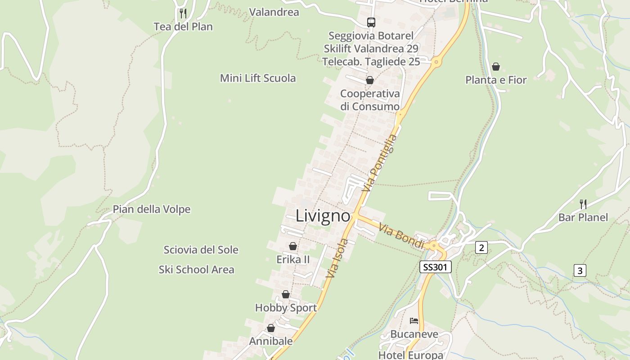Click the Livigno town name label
323,216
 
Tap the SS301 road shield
435,267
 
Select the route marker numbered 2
481,247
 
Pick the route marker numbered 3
580,270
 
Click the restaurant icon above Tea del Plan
183,13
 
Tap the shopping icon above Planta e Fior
496,67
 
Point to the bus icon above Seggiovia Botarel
371,22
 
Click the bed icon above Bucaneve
414,321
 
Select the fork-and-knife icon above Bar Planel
583,204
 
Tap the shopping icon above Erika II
293,246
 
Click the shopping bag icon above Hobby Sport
286,294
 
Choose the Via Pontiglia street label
380,163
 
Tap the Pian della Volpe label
152,209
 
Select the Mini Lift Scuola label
258,78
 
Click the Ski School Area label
196,270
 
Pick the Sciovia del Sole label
201,250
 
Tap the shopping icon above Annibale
271,328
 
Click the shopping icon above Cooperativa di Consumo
370,80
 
